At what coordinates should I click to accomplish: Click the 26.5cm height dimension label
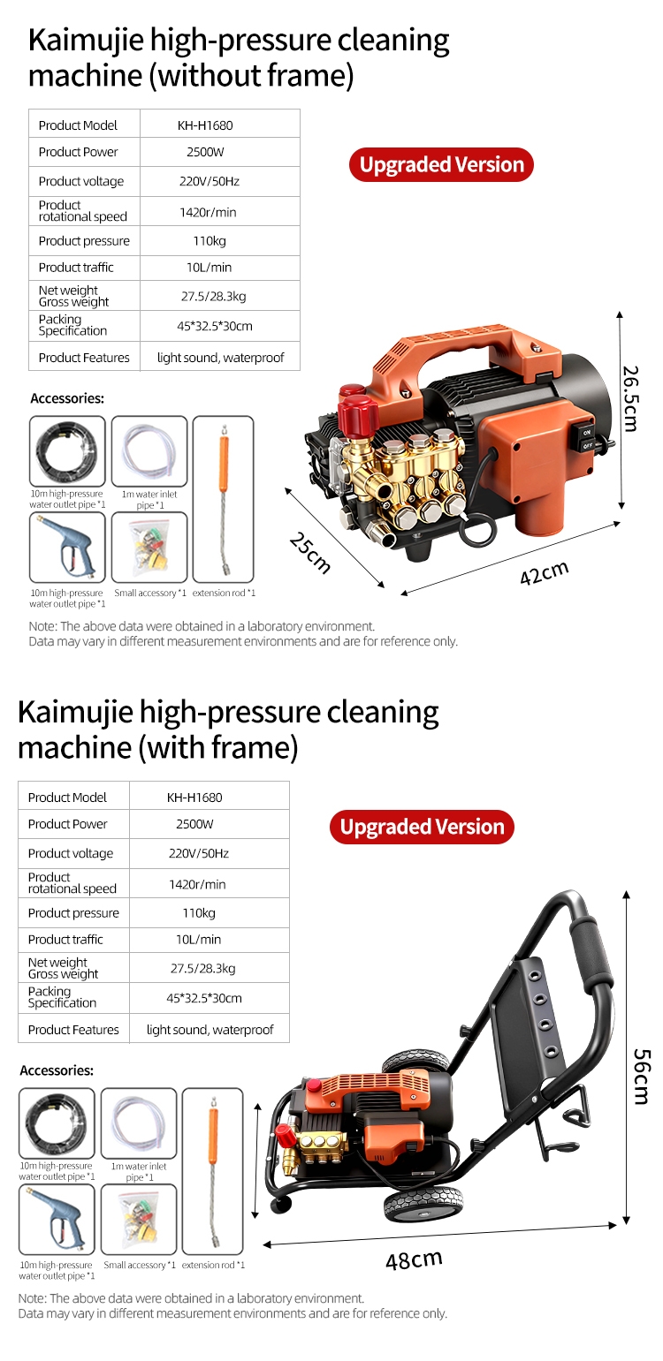point(631,398)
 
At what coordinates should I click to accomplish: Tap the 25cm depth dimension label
point(310,552)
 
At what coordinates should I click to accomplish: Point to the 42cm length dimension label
point(545,572)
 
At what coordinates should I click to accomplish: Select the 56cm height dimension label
point(642,1076)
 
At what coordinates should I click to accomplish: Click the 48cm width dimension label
point(414,1259)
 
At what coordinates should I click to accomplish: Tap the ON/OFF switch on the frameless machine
point(587,439)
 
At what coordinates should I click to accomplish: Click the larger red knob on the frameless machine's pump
point(359,414)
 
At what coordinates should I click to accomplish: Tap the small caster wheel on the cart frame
point(280,1202)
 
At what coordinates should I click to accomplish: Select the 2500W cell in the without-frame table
point(205,152)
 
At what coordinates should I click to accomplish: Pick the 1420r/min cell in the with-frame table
point(197,884)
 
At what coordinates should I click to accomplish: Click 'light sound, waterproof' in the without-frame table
point(220,358)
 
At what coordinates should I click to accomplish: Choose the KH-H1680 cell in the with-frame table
point(194,798)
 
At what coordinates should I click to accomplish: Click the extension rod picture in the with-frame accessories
point(213,1171)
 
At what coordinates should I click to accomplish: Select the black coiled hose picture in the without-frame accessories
point(67,451)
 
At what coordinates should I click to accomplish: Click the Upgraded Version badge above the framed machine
point(423,827)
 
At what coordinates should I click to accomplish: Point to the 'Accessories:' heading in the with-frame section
point(57,1070)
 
